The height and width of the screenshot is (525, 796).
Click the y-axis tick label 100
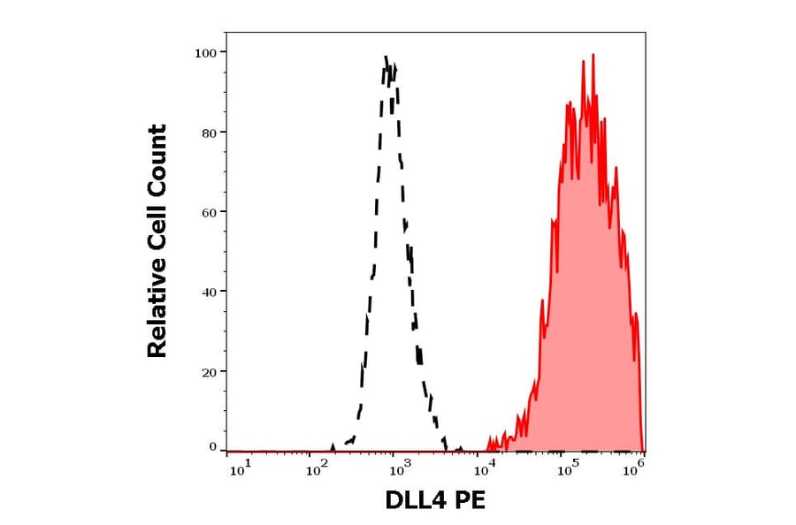(x=205, y=53)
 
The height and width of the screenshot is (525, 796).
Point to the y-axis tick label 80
(x=209, y=133)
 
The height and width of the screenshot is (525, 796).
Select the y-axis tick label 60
(x=209, y=212)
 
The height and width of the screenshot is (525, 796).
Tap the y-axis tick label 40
(x=209, y=292)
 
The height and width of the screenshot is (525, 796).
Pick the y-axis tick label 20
(x=209, y=371)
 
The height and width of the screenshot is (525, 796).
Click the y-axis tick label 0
(x=212, y=447)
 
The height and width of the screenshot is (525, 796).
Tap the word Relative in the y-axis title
(x=157, y=316)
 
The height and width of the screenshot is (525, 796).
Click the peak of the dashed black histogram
(x=387, y=57)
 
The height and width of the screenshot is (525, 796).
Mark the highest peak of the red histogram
(x=593, y=55)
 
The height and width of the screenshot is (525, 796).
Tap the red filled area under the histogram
(x=584, y=309)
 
